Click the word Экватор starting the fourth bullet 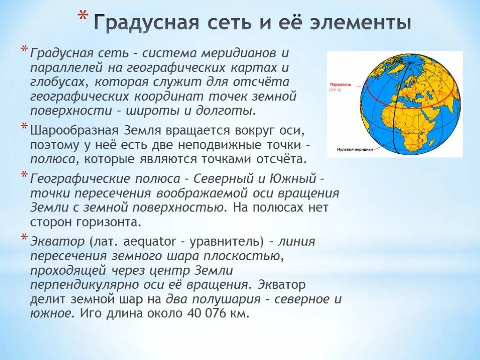point(51,241)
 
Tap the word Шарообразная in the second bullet point(75,130)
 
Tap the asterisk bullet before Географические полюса point(24,176)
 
